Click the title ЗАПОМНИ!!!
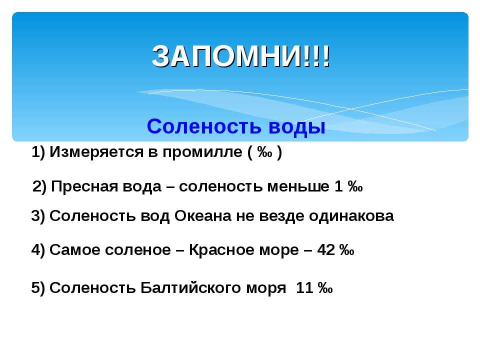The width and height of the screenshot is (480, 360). click(x=241, y=56)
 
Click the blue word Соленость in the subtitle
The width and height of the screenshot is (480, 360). click(x=204, y=126)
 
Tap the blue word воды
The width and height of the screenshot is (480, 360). click(x=296, y=127)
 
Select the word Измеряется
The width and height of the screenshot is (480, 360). click(x=96, y=152)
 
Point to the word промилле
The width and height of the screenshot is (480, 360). click(x=202, y=152)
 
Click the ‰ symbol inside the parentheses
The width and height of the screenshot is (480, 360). click(x=264, y=152)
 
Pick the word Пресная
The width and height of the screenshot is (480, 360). click(x=84, y=186)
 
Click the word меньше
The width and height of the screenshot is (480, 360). click(x=298, y=186)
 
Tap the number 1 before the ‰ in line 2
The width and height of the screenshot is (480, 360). click(x=338, y=186)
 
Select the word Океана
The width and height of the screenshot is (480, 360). click(x=202, y=216)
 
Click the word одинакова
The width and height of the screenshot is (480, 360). click(x=351, y=216)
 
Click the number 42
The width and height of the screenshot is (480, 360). click(x=326, y=250)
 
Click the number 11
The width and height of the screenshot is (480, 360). click(x=304, y=288)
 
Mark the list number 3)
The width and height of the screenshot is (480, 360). click(x=38, y=216)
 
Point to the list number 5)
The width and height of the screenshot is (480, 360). click(x=38, y=288)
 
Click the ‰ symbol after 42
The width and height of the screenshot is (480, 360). click(x=346, y=250)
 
